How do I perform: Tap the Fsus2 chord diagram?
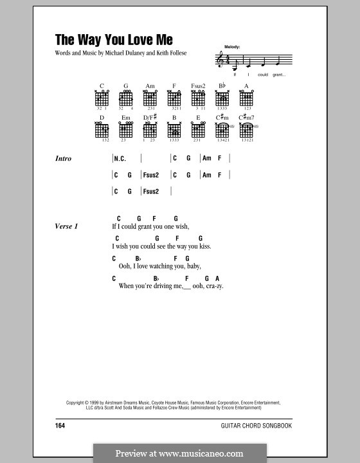[197, 98]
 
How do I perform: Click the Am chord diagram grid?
[149, 98]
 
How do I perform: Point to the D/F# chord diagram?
[149, 129]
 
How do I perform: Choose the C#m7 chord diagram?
[246, 129]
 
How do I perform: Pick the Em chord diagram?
[125, 129]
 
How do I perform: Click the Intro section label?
[64, 159]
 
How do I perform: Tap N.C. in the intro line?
[120, 159]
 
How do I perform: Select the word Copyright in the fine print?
[78, 403]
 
